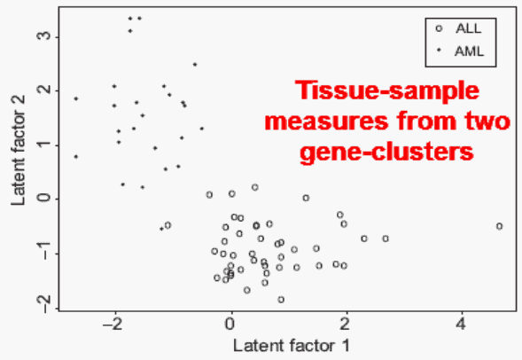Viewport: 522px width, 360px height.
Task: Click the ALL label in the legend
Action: click(469, 28)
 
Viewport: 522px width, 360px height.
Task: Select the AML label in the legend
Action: click(469, 51)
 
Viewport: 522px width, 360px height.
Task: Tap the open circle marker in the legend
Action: click(439, 28)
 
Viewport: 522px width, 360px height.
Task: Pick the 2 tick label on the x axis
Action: click(345, 324)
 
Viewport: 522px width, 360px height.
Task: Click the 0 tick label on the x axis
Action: click(230, 324)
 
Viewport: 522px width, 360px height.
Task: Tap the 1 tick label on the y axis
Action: click(43, 145)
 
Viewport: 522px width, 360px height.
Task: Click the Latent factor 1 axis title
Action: click(292, 345)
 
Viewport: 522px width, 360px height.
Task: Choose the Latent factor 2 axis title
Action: click(18, 151)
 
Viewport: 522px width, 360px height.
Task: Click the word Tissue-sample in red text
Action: click(387, 90)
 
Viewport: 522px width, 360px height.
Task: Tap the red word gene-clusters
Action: click(386, 153)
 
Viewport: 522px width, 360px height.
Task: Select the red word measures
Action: click(327, 121)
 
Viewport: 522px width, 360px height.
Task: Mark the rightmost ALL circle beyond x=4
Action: click(499, 226)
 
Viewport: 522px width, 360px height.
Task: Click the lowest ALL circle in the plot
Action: click(281, 300)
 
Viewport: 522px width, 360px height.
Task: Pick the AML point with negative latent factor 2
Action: click(161, 229)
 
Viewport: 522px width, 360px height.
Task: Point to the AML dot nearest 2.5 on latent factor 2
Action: click(195, 64)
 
